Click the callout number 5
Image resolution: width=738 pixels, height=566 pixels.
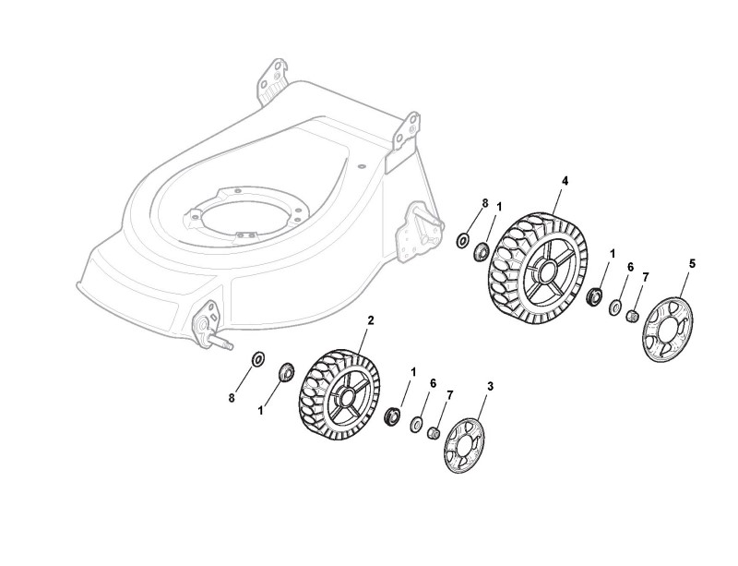[693, 264]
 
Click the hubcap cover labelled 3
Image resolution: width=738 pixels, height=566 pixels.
[464, 447]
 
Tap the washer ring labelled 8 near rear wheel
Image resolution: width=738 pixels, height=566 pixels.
[461, 240]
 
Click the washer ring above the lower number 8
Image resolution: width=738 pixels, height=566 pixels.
[257, 357]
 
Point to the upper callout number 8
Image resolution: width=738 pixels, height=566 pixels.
[459, 202]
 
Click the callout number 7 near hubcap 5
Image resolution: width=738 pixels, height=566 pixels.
[646, 277]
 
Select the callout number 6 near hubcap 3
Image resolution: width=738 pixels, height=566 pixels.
[433, 383]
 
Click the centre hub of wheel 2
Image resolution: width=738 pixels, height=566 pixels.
[345, 402]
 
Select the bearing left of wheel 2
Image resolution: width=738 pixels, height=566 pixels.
[287, 372]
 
